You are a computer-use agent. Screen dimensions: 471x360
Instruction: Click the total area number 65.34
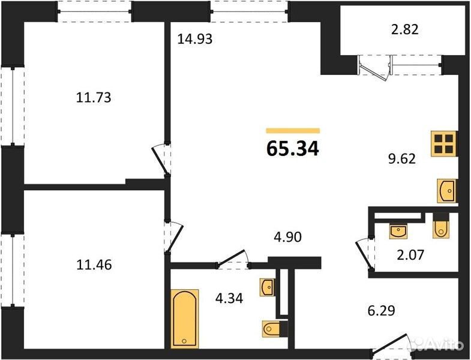(292, 149)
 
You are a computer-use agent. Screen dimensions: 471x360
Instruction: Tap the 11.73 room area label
(94, 98)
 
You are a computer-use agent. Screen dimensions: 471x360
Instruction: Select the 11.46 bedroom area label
(94, 265)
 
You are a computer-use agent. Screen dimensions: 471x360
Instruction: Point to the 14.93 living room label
(194, 39)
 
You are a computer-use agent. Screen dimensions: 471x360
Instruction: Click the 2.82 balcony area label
(404, 29)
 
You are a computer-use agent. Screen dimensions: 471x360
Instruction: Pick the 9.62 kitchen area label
(402, 158)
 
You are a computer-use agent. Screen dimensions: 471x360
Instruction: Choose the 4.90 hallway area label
(287, 237)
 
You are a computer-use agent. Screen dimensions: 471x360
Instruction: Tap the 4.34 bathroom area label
(229, 298)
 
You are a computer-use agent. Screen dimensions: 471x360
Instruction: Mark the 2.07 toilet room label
(410, 255)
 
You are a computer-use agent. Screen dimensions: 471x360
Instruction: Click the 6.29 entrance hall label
(381, 310)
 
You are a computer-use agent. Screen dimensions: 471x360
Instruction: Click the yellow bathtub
(185, 319)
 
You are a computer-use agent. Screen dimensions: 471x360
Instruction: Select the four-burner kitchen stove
(444, 143)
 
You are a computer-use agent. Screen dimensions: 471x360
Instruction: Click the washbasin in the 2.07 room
(398, 231)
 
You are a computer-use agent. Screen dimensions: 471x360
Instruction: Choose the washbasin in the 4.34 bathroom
(268, 287)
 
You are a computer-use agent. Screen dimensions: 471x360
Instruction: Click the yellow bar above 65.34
(293, 130)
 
